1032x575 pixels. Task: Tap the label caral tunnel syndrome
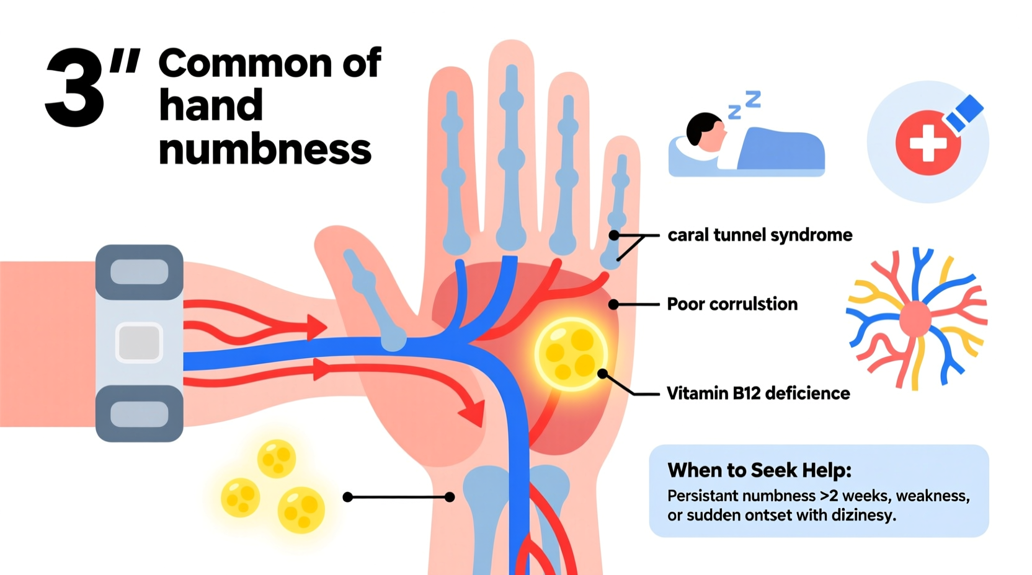click(759, 235)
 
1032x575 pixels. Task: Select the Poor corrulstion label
click(732, 304)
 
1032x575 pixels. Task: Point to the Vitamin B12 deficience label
click(758, 393)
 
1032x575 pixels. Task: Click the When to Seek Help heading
click(759, 470)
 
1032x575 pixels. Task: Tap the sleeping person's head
click(705, 131)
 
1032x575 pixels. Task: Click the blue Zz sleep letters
click(745, 104)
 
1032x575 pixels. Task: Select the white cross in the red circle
click(927, 144)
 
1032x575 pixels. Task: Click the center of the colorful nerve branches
click(915, 319)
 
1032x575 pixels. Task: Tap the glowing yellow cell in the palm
click(571, 354)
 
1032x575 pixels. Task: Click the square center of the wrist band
click(139, 342)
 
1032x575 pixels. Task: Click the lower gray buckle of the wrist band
click(139, 414)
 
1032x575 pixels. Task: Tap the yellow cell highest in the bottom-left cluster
click(277, 458)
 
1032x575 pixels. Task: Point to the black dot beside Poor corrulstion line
click(613, 304)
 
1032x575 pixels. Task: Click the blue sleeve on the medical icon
click(964, 113)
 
